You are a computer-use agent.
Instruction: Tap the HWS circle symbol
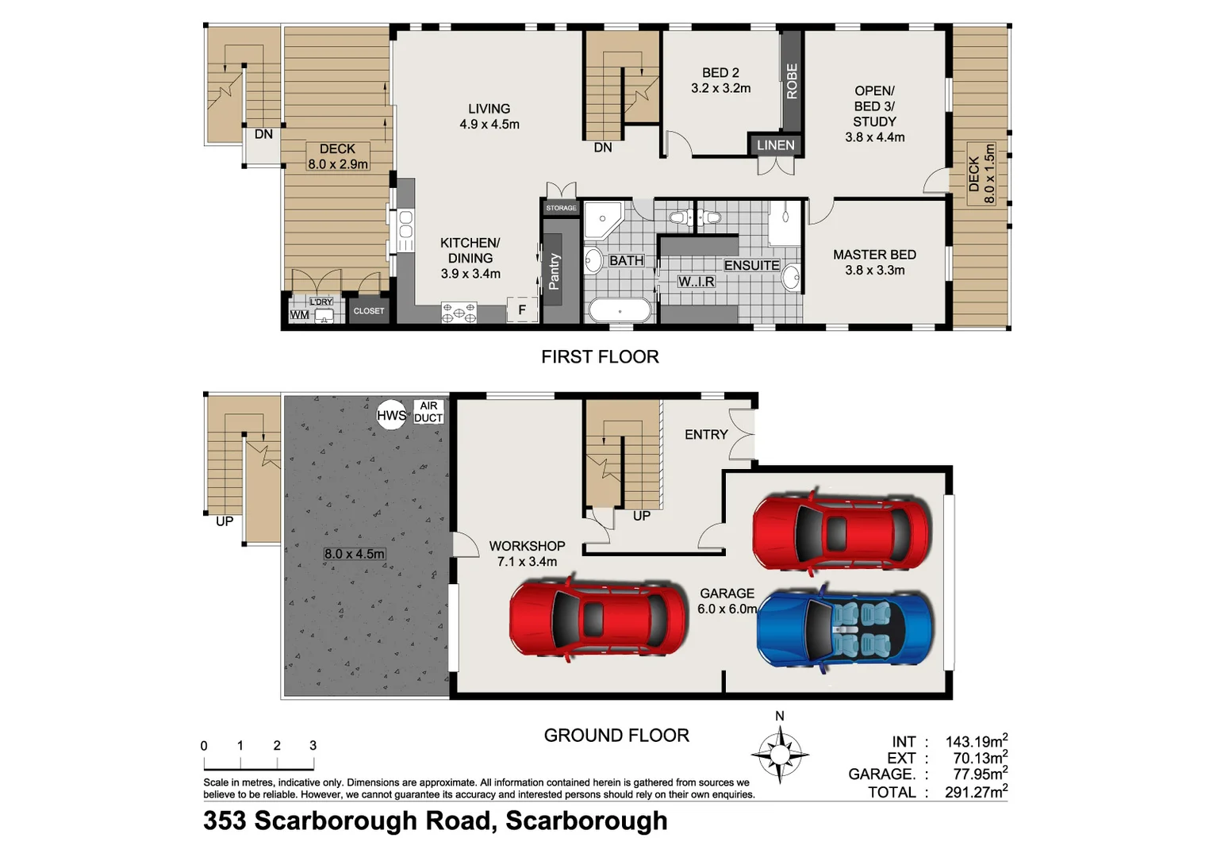tap(390, 414)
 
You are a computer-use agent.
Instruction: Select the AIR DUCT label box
tap(428, 412)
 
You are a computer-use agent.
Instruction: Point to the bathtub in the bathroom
tap(620, 310)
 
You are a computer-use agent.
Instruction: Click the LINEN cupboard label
tap(775, 145)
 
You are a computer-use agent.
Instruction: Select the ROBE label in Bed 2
tap(792, 81)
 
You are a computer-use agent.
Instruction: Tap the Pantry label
tap(555, 271)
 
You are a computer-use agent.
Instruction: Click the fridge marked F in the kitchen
tap(521, 310)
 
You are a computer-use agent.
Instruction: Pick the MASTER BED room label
tap(874, 255)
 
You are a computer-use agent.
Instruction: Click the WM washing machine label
tap(299, 315)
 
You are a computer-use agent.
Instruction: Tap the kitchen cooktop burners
tap(459, 313)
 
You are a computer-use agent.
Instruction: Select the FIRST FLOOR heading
tap(600, 357)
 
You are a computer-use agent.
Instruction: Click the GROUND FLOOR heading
tap(616, 736)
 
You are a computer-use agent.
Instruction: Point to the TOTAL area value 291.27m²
tap(976, 791)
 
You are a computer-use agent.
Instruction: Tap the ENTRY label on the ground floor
tap(706, 435)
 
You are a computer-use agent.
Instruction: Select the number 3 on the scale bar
tap(313, 745)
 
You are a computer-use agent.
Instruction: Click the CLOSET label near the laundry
tap(369, 311)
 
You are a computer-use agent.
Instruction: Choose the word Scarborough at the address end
tap(586, 820)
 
